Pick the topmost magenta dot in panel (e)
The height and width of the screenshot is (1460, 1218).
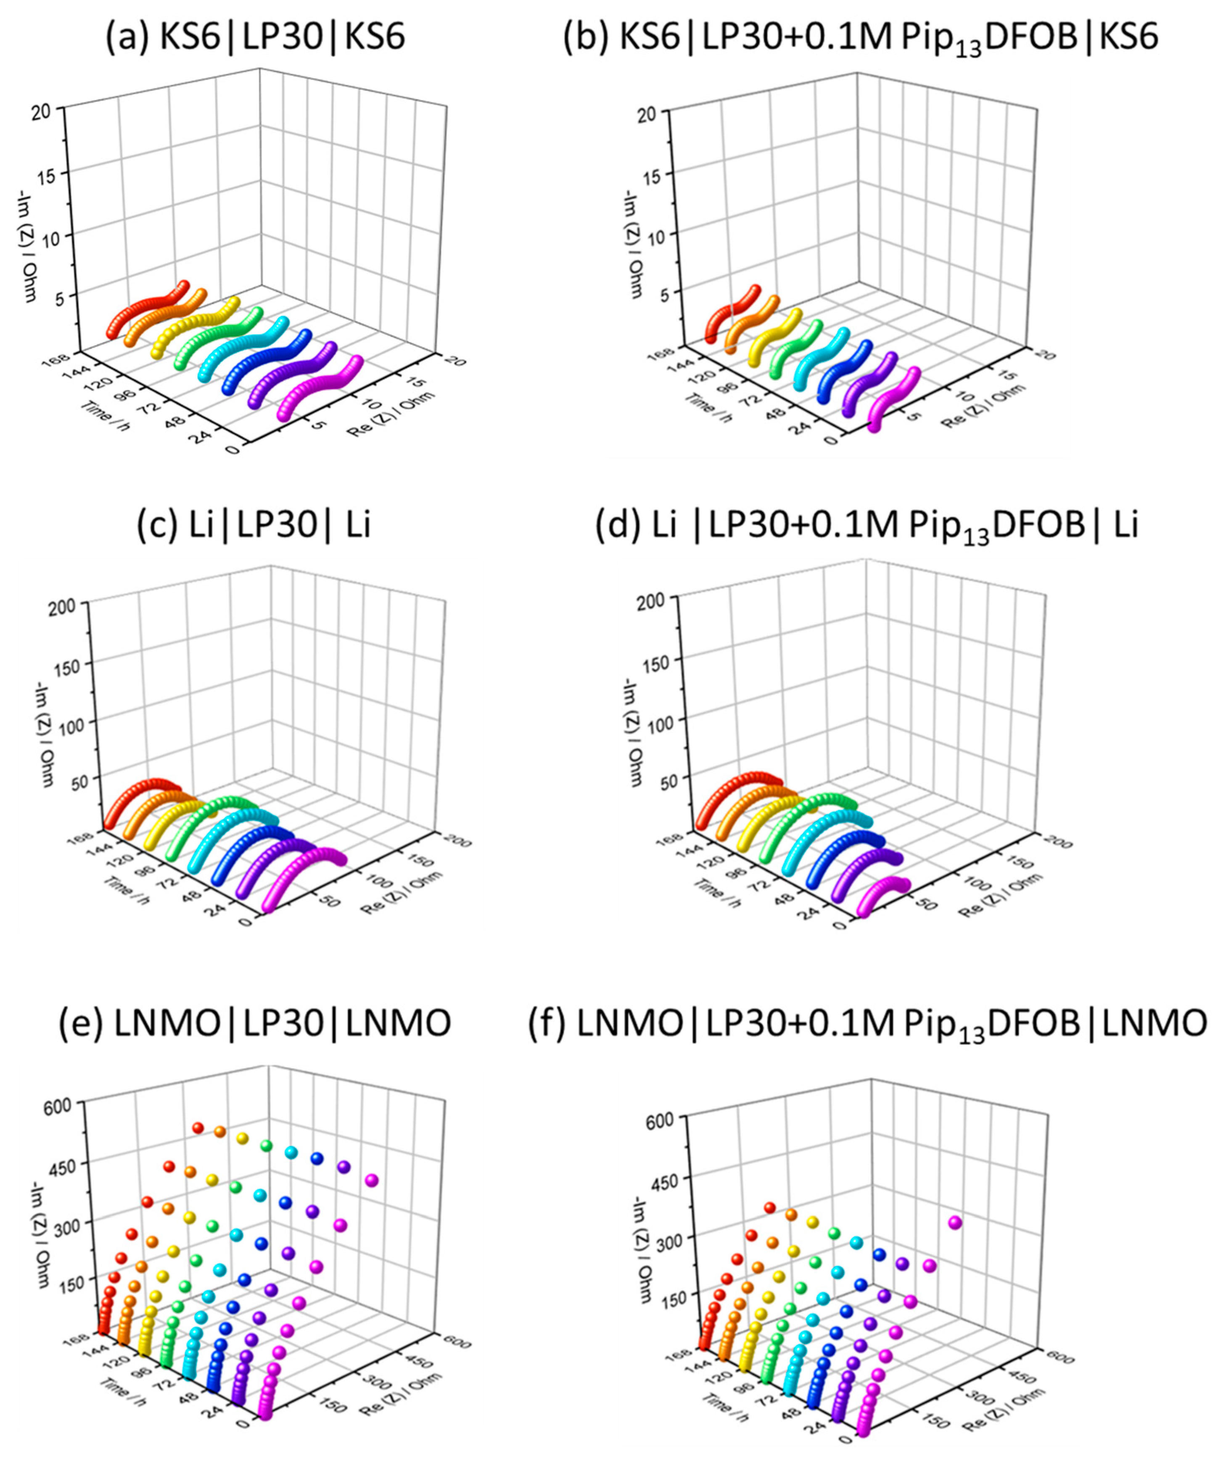pos(371,1180)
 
